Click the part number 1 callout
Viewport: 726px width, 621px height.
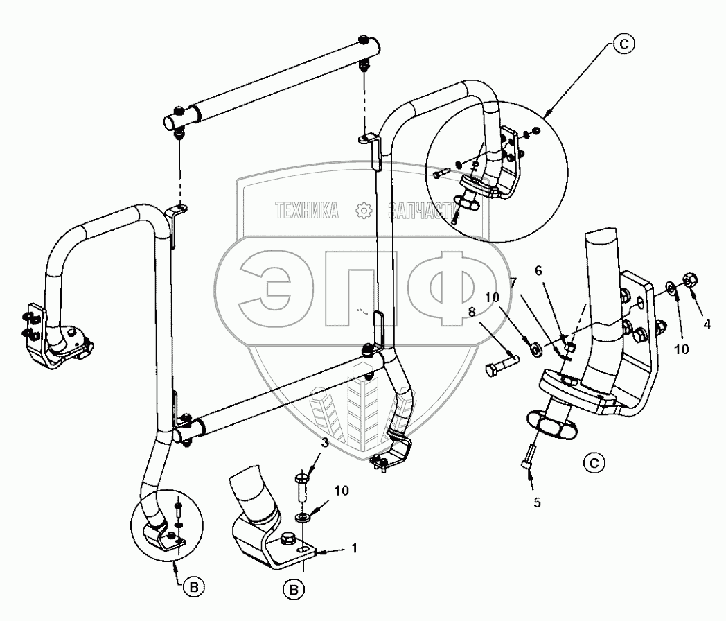click(354, 548)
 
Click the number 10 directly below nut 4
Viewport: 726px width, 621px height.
click(682, 349)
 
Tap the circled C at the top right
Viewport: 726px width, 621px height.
click(623, 45)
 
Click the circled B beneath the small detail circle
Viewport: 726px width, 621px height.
click(196, 586)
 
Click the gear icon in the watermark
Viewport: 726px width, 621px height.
click(363, 212)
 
